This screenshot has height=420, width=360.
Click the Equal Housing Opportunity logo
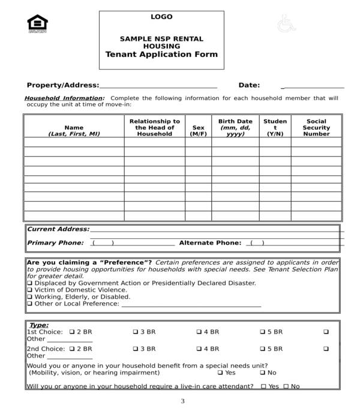37,24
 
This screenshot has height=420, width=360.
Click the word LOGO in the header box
161,17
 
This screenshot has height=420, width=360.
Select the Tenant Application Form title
161,54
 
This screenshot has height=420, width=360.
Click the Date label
249,86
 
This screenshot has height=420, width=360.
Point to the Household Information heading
64,98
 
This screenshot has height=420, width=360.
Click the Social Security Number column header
316,127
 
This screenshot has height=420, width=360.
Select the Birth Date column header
235,127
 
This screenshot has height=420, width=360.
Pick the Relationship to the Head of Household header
154,127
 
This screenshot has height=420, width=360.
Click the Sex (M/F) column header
198,130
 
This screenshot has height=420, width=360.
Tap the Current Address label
58,229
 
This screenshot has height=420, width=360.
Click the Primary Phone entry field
132,243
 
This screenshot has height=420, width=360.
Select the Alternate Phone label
210,243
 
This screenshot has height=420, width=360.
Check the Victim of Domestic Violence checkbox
29,290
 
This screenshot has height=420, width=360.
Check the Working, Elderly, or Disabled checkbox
29,297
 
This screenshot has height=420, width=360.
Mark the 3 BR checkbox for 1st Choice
135,332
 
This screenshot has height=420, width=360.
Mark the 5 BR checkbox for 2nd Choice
262,349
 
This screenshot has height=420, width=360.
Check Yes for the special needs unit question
219,373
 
